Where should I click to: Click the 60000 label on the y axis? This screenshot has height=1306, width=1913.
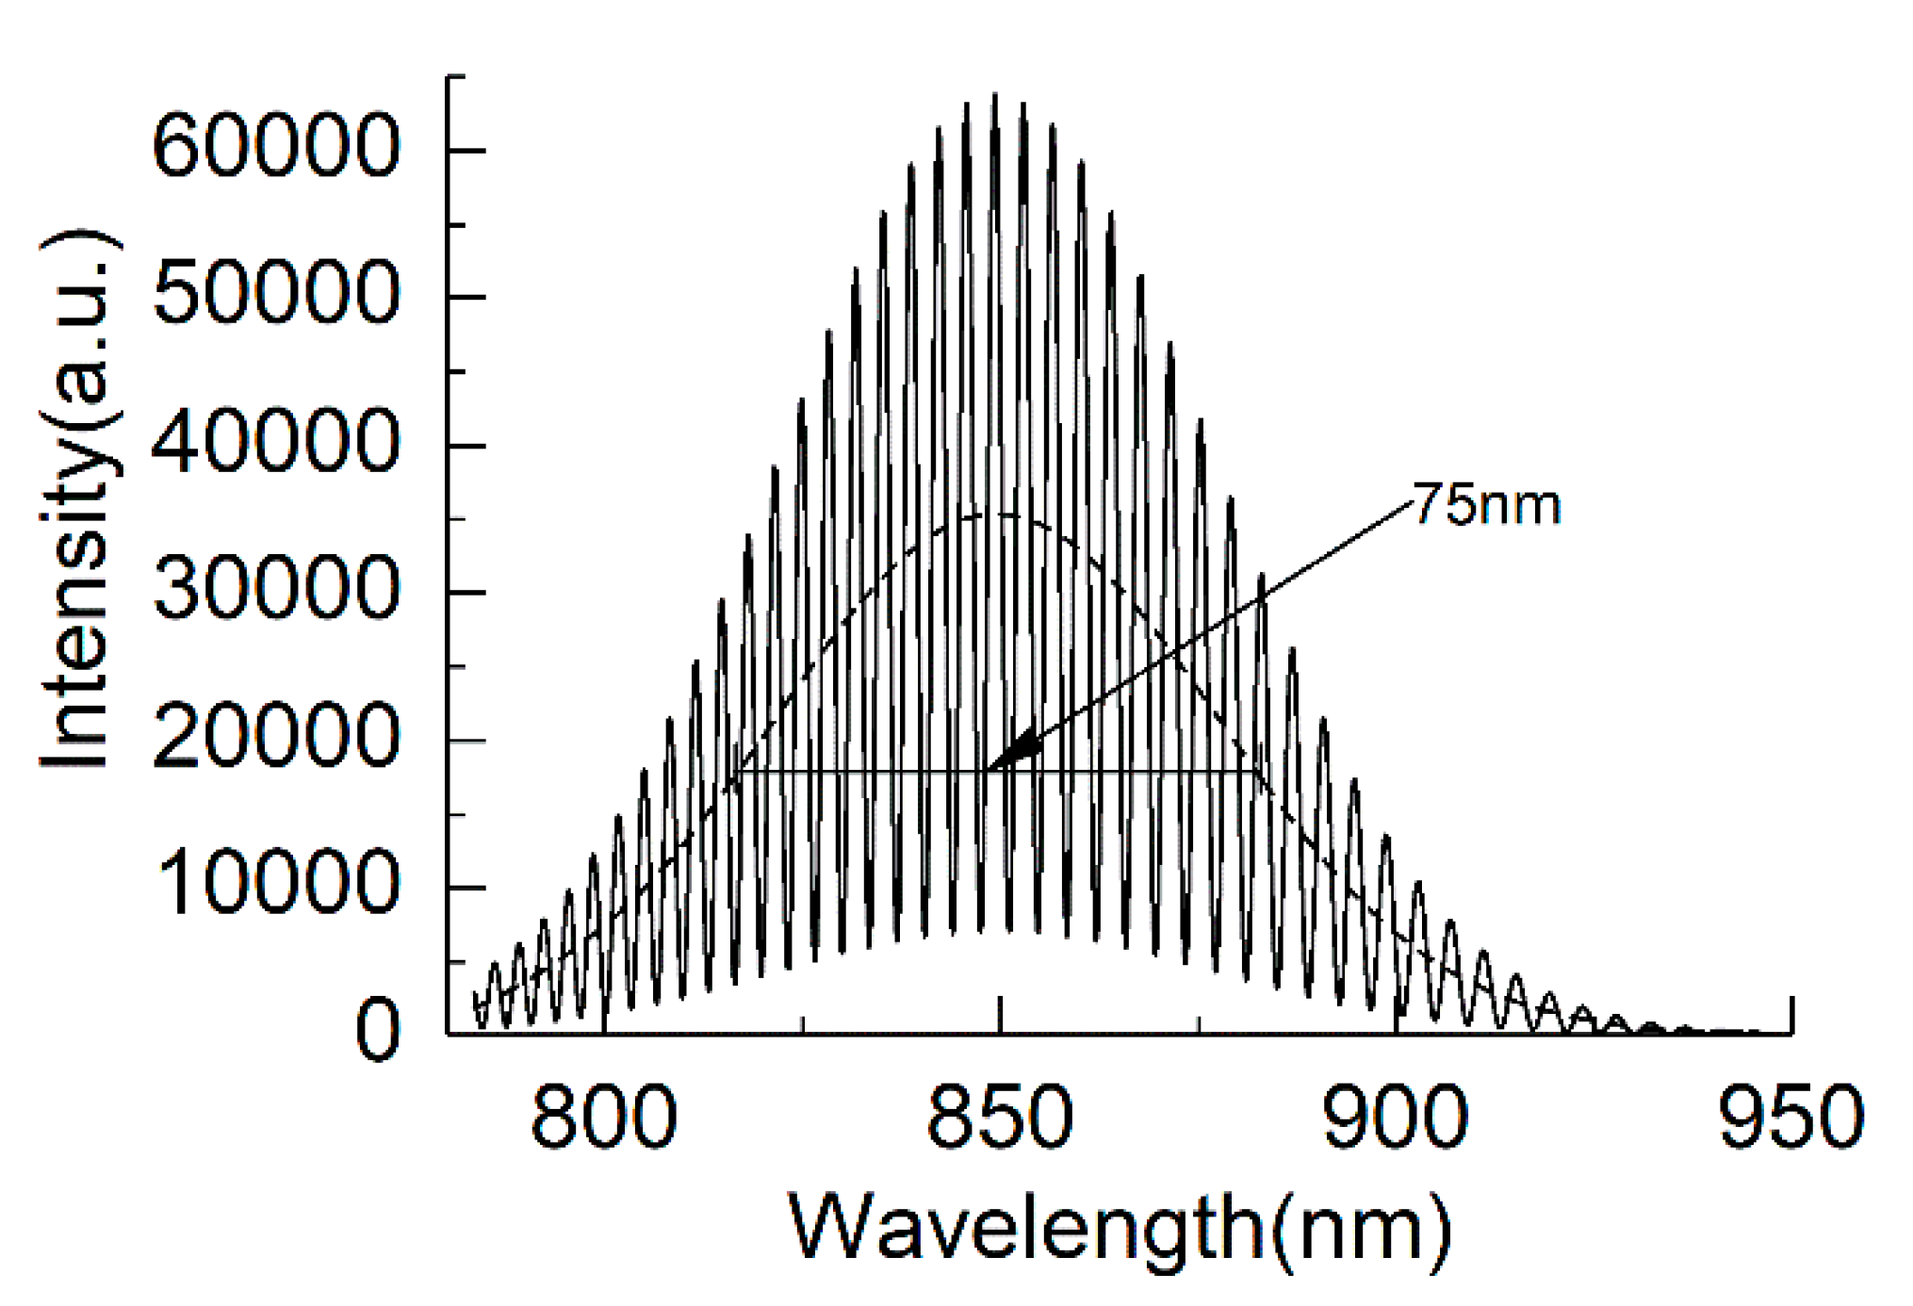pos(276,147)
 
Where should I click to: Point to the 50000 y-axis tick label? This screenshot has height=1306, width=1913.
pos(276,294)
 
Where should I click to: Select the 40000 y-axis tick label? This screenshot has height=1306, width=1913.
pos(276,442)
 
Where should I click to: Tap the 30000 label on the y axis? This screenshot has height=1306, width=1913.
pos(276,590)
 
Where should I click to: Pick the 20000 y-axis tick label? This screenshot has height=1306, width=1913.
pos(276,738)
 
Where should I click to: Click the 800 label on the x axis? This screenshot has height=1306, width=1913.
pos(603,1118)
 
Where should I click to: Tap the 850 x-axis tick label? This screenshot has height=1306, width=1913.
pos(1000,1118)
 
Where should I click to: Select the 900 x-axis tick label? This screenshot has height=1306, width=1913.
pos(1395,1118)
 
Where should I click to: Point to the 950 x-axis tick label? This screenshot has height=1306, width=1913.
pos(1790,1118)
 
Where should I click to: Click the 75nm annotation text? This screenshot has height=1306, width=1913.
pos(1487,505)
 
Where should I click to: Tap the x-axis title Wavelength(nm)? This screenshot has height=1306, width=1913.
pos(1120,1229)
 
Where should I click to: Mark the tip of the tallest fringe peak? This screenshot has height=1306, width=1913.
pos(994,94)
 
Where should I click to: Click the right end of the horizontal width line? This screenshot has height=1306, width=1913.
pos(1256,772)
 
